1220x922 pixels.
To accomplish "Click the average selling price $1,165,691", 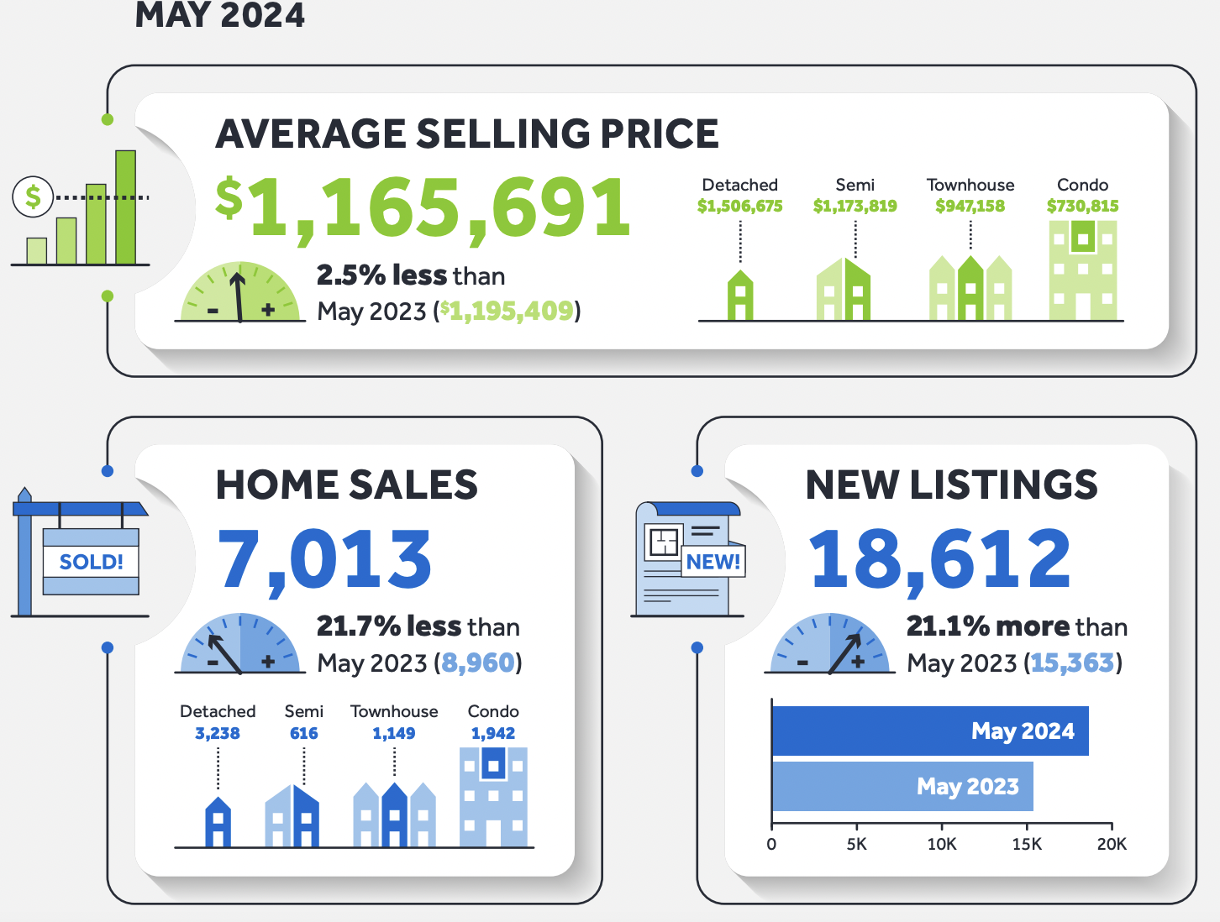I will [423, 207].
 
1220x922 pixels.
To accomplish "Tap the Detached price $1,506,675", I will [739, 206].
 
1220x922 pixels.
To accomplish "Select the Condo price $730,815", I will [1082, 206].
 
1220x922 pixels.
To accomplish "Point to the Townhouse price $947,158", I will [970, 206].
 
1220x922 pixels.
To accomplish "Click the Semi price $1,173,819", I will [855, 206].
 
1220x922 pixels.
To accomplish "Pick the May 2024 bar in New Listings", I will [929, 731].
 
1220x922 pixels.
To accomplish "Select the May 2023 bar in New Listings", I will [902, 786].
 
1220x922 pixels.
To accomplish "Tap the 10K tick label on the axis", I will [941, 844].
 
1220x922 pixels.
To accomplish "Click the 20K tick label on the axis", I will [1111, 844].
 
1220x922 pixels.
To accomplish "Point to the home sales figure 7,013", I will [324, 559].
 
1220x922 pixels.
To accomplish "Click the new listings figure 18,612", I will [939, 559].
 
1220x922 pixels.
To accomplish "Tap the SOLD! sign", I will [91, 562].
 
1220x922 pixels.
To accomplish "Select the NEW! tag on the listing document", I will [713, 562].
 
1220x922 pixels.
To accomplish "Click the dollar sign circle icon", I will [33, 197].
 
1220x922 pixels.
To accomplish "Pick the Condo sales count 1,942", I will [492, 733].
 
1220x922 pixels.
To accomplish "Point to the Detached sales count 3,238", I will [217, 733].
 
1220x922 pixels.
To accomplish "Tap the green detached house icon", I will [739, 295].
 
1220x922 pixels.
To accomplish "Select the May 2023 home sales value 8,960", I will [477, 663].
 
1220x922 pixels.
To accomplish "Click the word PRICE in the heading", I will [659, 134].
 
